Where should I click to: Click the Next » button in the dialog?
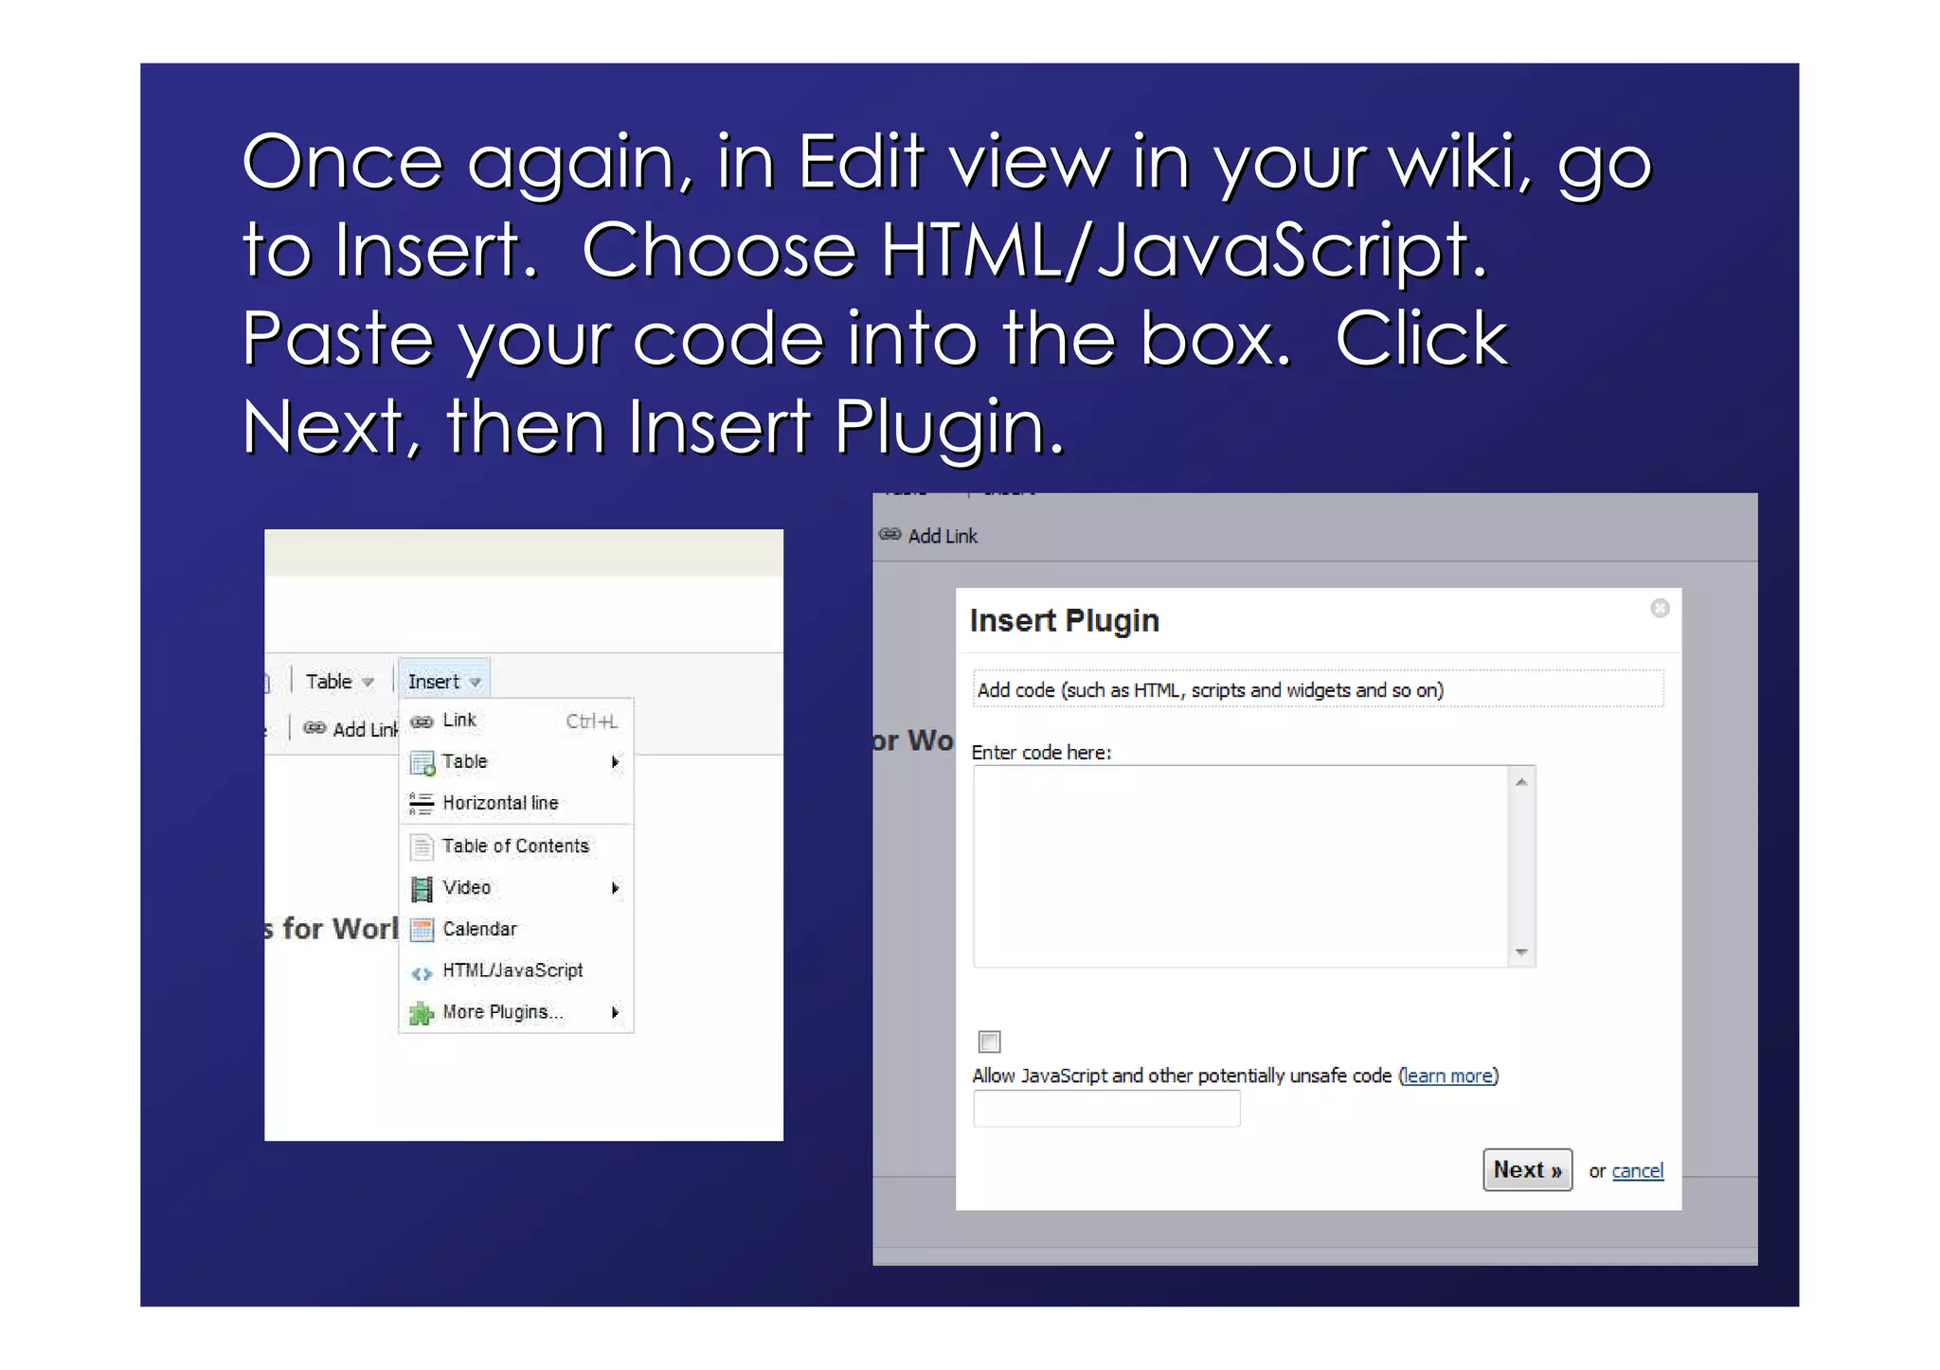point(1526,1170)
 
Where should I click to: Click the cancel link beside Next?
point(1637,1171)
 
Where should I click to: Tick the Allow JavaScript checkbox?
point(989,1041)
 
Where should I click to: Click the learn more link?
point(1447,1076)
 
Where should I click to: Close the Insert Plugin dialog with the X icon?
point(1660,608)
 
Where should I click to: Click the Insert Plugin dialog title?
point(1064,621)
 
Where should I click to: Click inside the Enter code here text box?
point(1239,865)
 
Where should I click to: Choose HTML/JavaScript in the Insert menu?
point(512,970)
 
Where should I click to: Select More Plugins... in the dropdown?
point(503,1012)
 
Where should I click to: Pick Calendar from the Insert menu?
point(479,929)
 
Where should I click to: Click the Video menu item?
point(467,887)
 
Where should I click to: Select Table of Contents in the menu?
point(515,845)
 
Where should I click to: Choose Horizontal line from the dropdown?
point(500,803)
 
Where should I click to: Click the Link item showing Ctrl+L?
point(460,721)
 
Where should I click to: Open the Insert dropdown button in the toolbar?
point(443,682)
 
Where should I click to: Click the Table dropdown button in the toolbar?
point(339,682)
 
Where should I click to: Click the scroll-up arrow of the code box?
point(1521,782)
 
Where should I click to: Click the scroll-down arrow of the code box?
point(1521,952)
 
